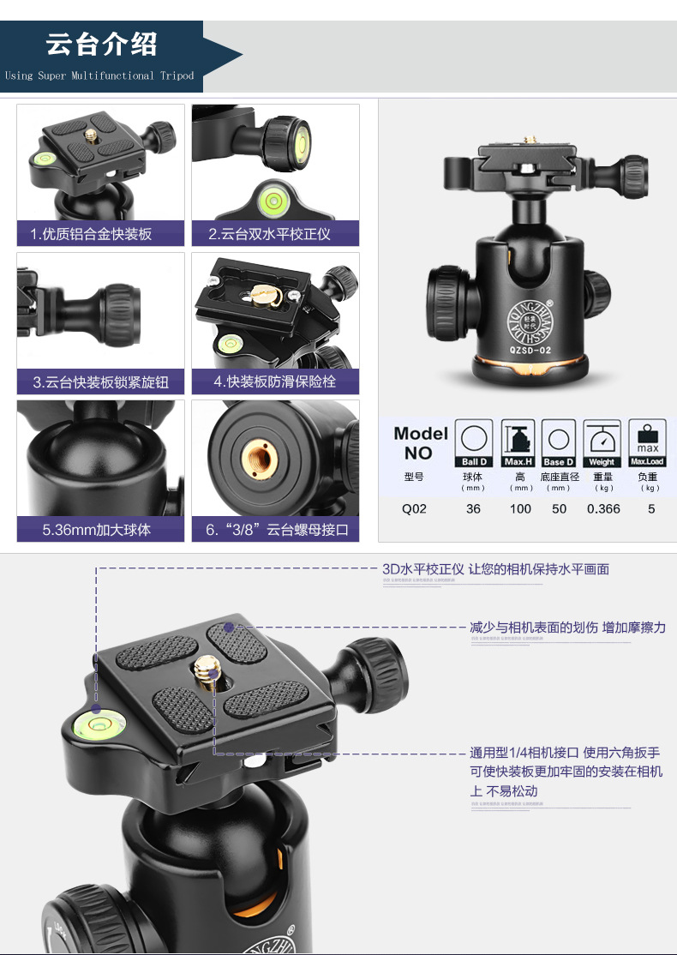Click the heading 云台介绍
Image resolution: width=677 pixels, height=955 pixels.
pyautogui.click(x=101, y=44)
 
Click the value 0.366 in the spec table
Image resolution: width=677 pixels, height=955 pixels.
pyautogui.click(x=603, y=508)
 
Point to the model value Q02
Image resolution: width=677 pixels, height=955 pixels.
pyautogui.click(x=414, y=508)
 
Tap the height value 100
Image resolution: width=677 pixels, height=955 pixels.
pyautogui.click(x=520, y=508)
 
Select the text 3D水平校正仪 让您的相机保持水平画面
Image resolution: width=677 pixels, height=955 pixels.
pyautogui.click(x=495, y=569)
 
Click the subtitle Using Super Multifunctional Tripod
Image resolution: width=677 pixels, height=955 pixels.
pyautogui.click(x=99, y=75)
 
